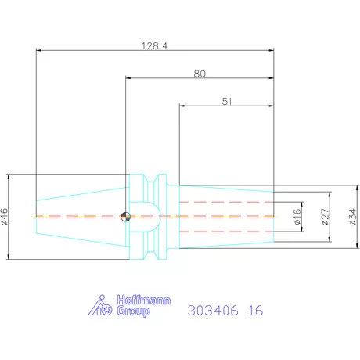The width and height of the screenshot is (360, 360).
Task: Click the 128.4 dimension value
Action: (154, 46)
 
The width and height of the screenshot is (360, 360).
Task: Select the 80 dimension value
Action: (200, 74)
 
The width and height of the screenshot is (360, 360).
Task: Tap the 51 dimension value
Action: (227, 102)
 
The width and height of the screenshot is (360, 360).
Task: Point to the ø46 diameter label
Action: (5, 217)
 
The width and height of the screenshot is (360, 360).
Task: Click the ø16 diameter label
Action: (297, 217)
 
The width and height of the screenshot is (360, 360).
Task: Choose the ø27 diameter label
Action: (325, 217)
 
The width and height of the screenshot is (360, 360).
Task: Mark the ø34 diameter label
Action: (353, 217)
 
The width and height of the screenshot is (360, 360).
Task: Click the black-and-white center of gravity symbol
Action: (126, 217)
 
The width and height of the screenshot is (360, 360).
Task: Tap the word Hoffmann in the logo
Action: (144, 300)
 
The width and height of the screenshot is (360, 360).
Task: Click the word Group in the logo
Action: (133, 311)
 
